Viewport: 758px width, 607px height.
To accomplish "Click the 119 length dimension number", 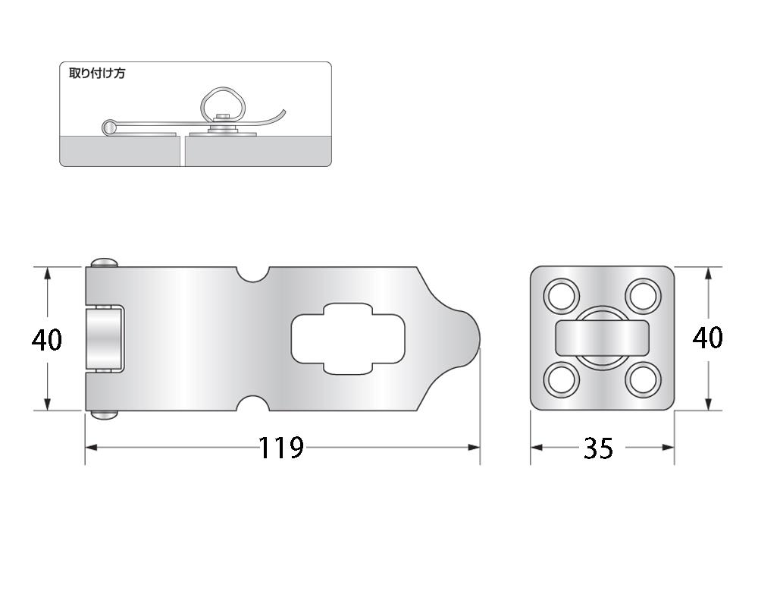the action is pyautogui.click(x=281, y=448).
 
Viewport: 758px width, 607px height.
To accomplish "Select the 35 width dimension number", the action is pyautogui.click(x=599, y=448).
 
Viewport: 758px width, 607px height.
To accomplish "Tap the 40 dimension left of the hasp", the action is pyautogui.click(x=47, y=339).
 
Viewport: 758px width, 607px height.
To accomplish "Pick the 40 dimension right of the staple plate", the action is pyautogui.click(x=708, y=338).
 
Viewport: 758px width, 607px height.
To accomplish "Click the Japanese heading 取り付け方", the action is pyautogui.click(x=97, y=74).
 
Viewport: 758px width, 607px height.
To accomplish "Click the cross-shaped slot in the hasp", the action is pyautogui.click(x=348, y=339).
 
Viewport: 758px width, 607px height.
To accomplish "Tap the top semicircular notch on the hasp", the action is pyautogui.click(x=252, y=274).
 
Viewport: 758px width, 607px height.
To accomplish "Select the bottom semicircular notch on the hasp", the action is pyautogui.click(x=252, y=403).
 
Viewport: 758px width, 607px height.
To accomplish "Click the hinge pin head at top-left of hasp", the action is pyautogui.click(x=105, y=263).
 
